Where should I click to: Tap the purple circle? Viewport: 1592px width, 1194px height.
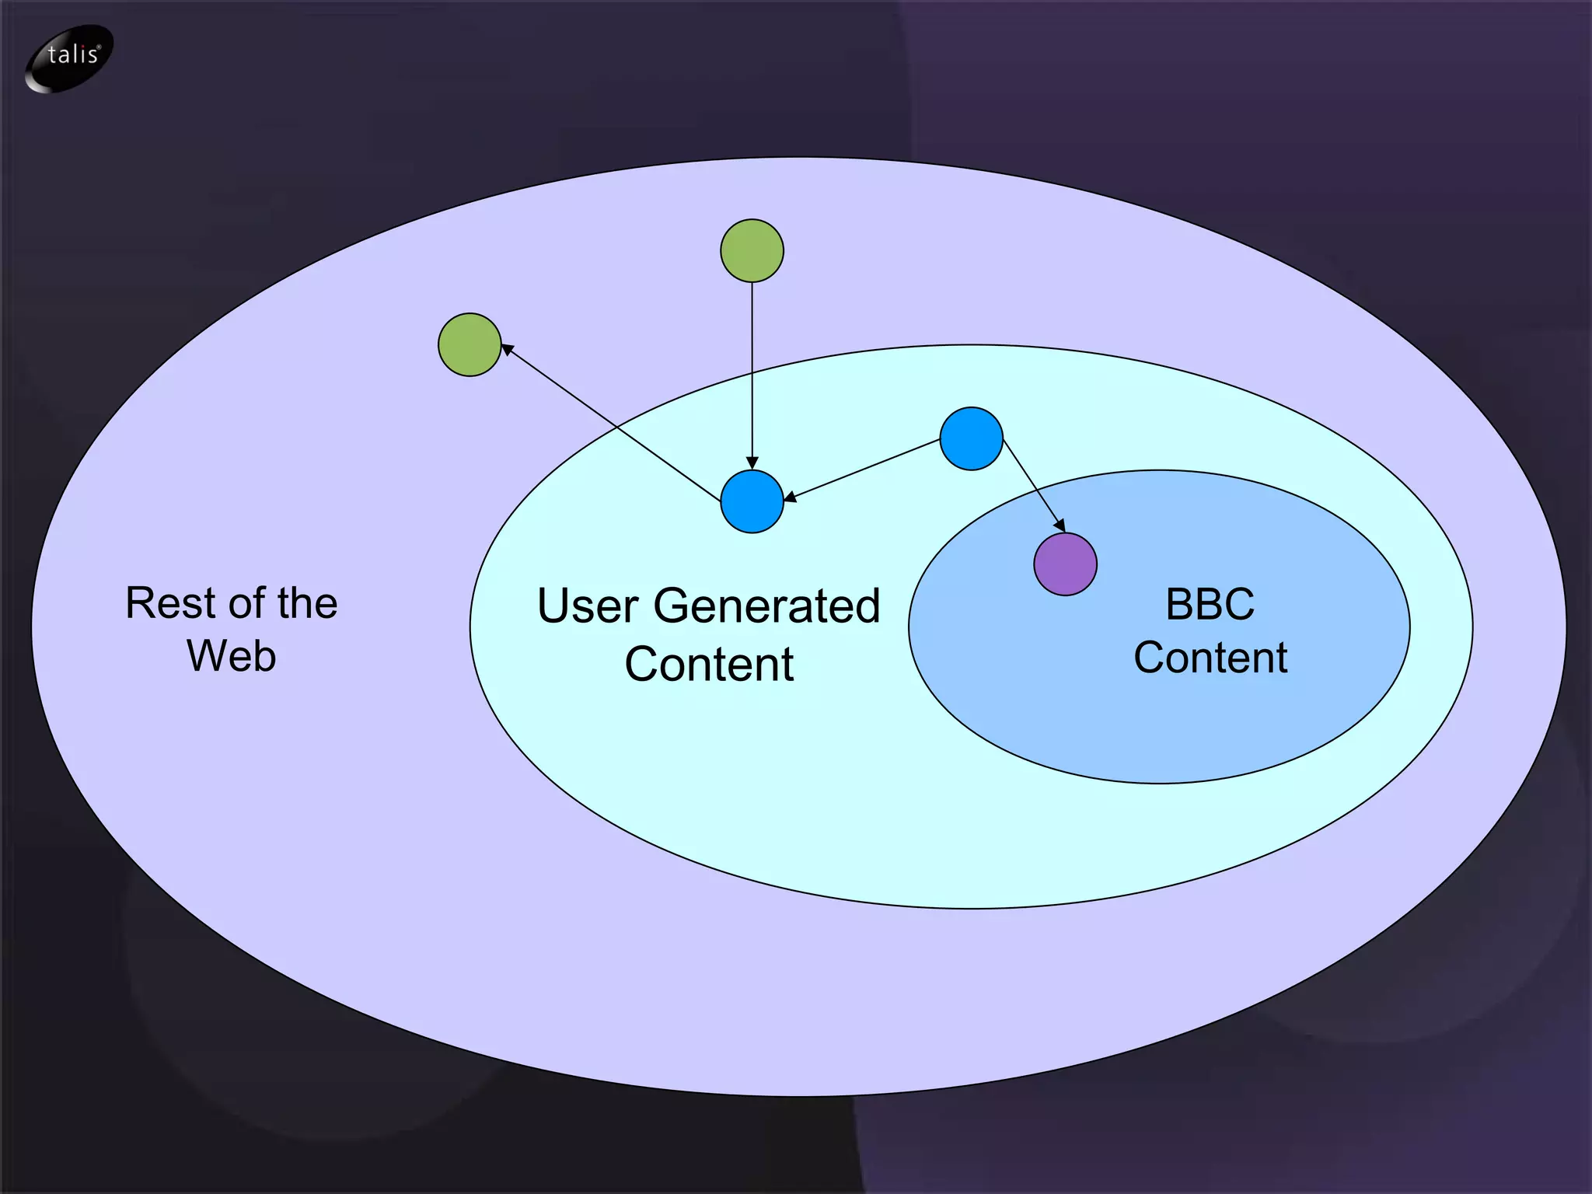point(1065,564)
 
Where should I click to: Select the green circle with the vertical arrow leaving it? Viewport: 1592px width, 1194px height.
point(752,250)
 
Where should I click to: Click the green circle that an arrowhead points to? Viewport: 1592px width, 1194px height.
point(470,344)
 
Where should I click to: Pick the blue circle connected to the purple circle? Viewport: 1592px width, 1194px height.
point(971,438)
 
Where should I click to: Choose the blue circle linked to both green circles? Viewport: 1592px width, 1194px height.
point(752,501)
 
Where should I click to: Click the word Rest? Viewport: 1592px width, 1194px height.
point(169,603)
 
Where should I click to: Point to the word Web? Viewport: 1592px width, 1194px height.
point(232,655)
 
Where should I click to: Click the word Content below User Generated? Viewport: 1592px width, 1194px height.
point(709,664)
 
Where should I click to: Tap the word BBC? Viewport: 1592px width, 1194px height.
point(1210,604)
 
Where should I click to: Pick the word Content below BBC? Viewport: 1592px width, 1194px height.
point(1210,658)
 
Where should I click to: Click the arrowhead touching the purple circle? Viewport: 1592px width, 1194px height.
point(1060,525)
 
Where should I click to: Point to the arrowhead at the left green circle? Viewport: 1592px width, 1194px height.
point(507,349)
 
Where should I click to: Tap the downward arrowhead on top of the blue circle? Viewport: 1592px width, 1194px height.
point(752,463)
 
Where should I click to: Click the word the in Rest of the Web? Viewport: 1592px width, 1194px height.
point(307,603)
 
